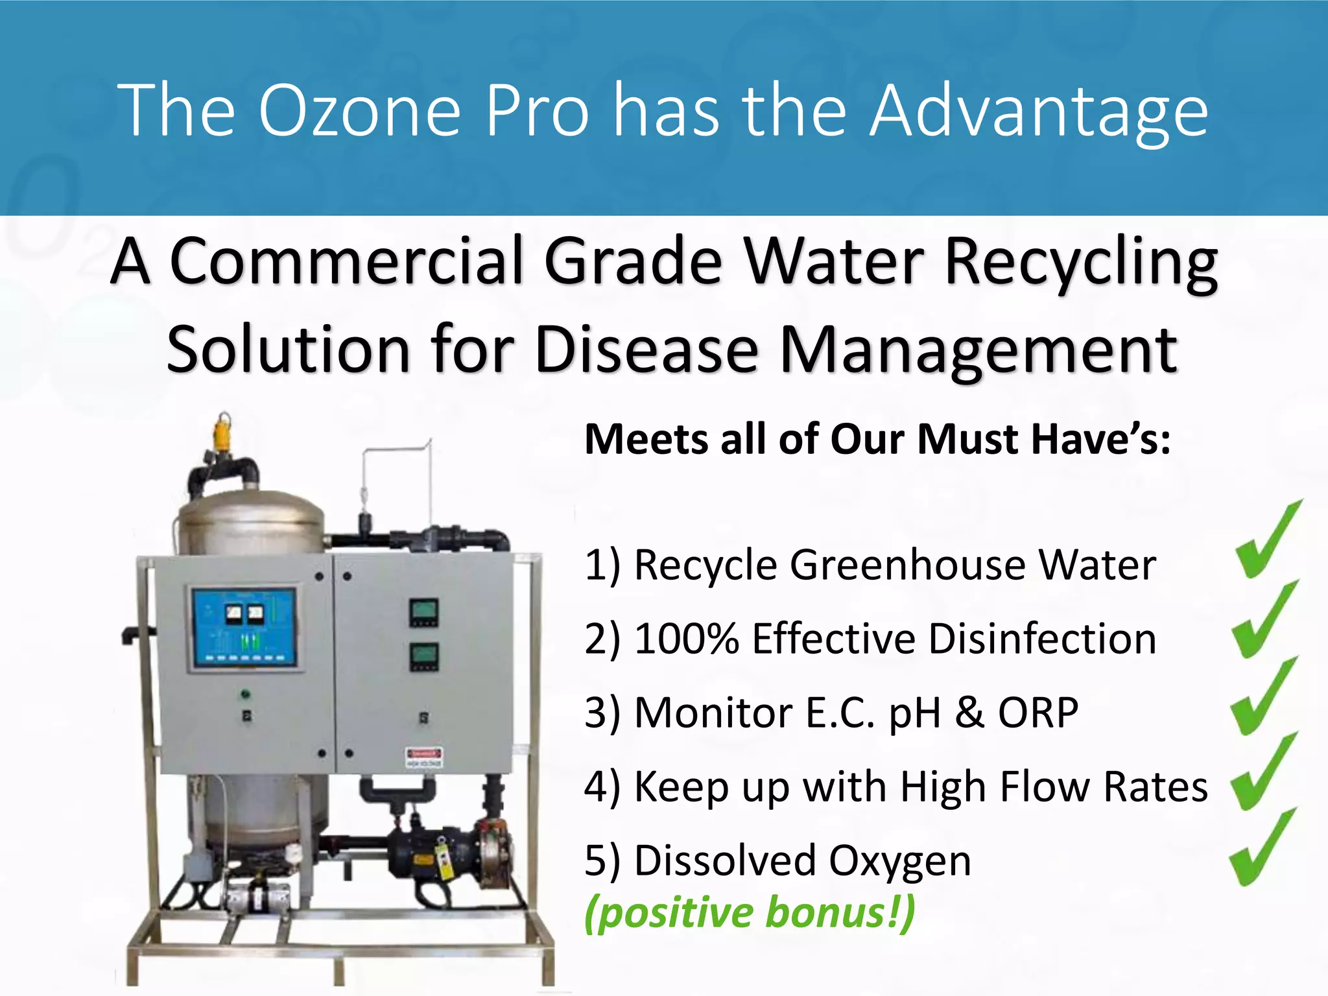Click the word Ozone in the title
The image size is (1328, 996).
coord(359,110)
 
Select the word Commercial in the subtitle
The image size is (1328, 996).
coord(346,261)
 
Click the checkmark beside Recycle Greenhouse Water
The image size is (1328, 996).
coord(1267,541)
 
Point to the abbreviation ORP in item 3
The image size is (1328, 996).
coord(1037,713)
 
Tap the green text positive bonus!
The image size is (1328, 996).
coord(750,912)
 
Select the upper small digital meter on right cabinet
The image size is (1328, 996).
coord(423,613)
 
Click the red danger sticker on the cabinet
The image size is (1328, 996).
coord(424,756)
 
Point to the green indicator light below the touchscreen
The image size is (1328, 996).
coord(245,694)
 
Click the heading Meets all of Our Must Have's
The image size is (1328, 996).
coord(877,440)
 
